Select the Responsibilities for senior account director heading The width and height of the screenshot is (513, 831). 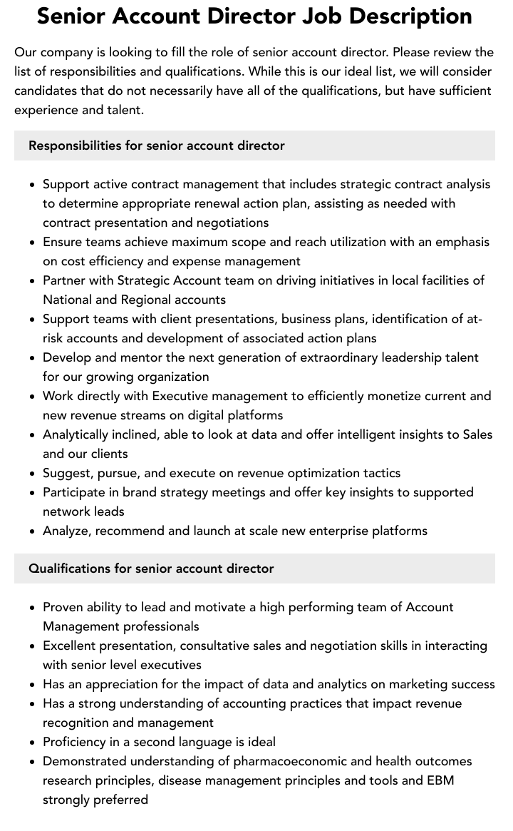pos(157,146)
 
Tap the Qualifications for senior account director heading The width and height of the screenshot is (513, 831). pos(151,569)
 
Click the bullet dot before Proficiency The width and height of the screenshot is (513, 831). pos(33,743)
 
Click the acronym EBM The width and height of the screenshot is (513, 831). pos(439,780)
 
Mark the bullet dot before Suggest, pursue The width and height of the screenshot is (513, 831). pos(33,474)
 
